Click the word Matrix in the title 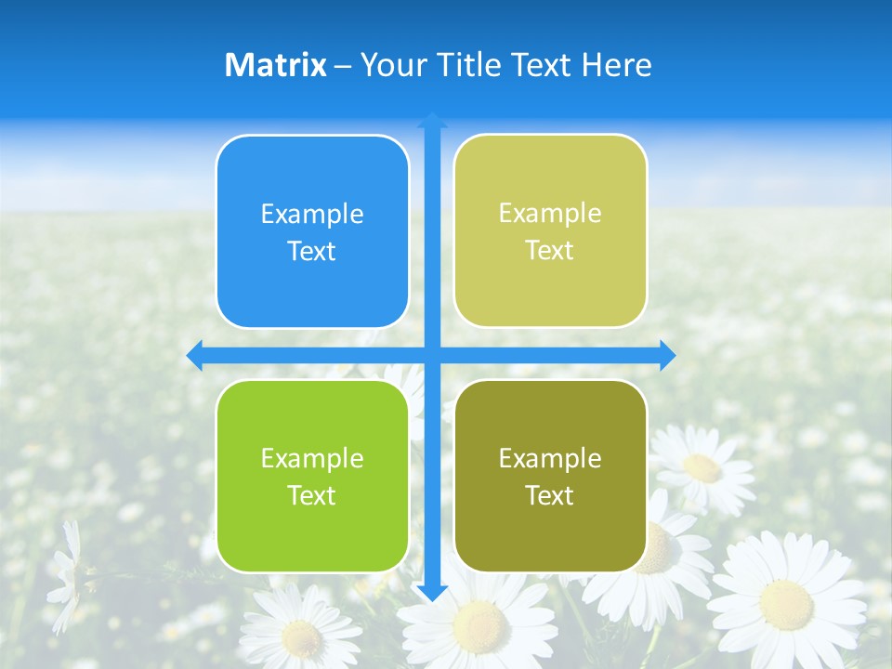click(x=275, y=65)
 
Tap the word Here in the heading click(x=616, y=65)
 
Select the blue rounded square click(x=312, y=232)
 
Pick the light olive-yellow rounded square click(x=550, y=231)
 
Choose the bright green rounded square click(x=312, y=476)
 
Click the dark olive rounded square click(x=550, y=476)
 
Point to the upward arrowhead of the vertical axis click(x=432, y=121)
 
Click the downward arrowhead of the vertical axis click(x=432, y=593)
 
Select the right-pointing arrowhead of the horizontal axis click(x=667, y=355)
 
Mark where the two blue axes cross click(x=432, y=355)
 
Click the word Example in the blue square click(x=312, y=215)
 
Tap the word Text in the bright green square click(x=312, y=495)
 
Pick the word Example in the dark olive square click(x=550, y=458)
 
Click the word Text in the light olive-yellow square click(x=550, y=251)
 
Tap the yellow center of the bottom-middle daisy click(x=479, y=622)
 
